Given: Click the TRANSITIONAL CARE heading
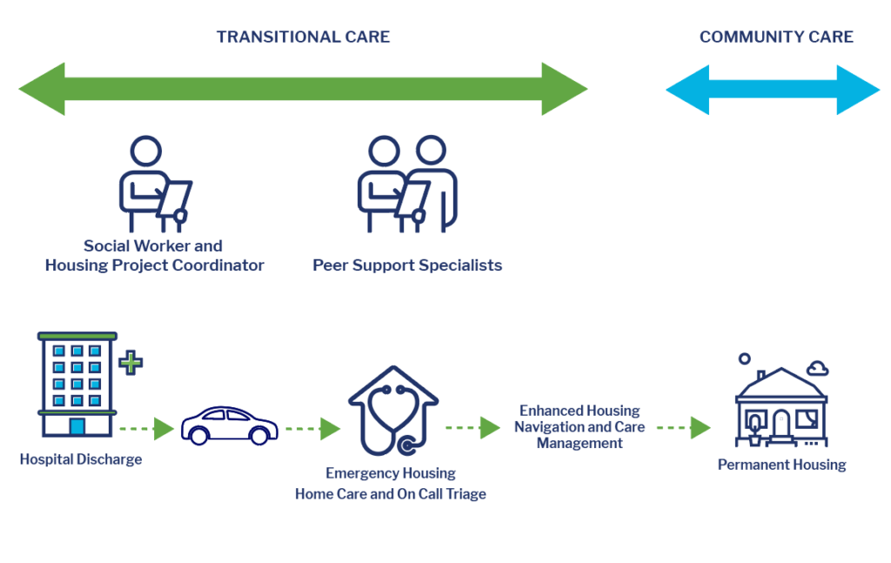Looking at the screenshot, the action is [303, 37].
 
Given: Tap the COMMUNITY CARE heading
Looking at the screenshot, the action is [776, 37].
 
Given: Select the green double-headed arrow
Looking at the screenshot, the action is [303, 89].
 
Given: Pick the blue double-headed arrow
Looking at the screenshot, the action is [773, 90].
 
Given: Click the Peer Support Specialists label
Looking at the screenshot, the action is [407, 265].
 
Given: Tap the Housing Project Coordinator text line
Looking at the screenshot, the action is [155, 265].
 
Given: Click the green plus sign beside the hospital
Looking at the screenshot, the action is [131, 363].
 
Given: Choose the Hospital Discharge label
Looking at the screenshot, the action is [81, 459].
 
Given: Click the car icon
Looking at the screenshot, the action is [230, 426].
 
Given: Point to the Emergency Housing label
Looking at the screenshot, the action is [391, 473].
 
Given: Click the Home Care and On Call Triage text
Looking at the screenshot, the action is [391, 493].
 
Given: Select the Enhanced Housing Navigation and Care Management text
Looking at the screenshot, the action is [579, 426].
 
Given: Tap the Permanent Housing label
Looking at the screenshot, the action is [782, 465].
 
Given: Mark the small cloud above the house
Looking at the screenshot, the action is [818, 369].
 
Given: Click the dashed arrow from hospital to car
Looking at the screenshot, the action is [146, 428].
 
